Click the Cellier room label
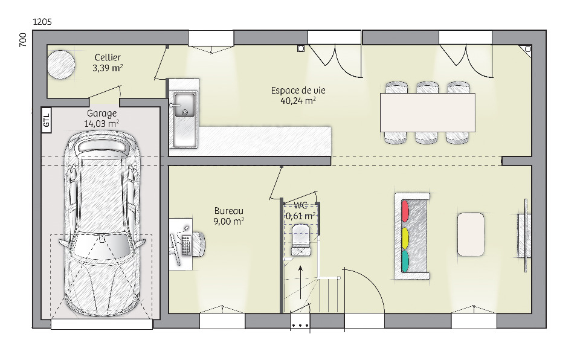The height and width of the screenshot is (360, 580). (x=108, y=57)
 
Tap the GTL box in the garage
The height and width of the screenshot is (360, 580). (x=47, y=120)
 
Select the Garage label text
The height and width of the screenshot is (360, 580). (x=101, y=114)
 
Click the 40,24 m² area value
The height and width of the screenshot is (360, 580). (x=298, y=101)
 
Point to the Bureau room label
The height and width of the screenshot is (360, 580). (x=229, y=211)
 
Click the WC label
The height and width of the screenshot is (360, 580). (x=300, y=206)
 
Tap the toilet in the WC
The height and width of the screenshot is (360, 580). (x=301, y=240)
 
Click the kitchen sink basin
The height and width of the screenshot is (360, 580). (x=185, y=105)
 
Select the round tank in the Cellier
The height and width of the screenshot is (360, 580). (x=61, y=65)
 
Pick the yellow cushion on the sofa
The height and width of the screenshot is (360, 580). (x=405, y=238)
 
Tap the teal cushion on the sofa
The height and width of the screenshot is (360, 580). (x=405, y=261)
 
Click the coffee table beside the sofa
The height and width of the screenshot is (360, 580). (x=471, y=234)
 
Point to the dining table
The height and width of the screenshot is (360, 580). (x=428, y=112)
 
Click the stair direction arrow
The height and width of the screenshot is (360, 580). (x=300, y=282)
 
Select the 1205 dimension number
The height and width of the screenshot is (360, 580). (x=42, y=22)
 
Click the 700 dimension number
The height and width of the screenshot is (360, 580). (x=22, y=40)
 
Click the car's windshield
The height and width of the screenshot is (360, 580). (x=101, y=246)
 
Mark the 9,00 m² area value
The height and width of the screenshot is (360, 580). (x=228, y=221)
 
